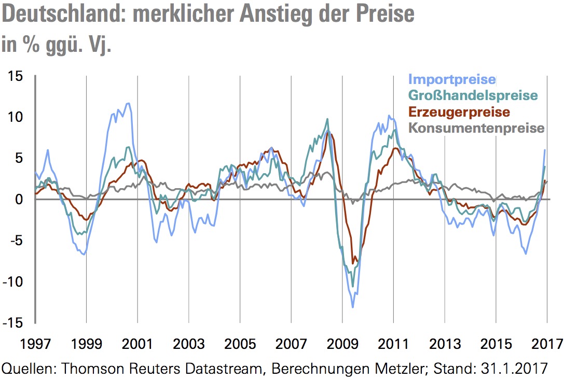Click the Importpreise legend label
452,79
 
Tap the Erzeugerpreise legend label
459,111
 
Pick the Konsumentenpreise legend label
477,128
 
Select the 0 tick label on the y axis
20,199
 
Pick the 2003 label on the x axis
188,344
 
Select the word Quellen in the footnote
29,369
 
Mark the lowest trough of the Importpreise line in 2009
353,307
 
